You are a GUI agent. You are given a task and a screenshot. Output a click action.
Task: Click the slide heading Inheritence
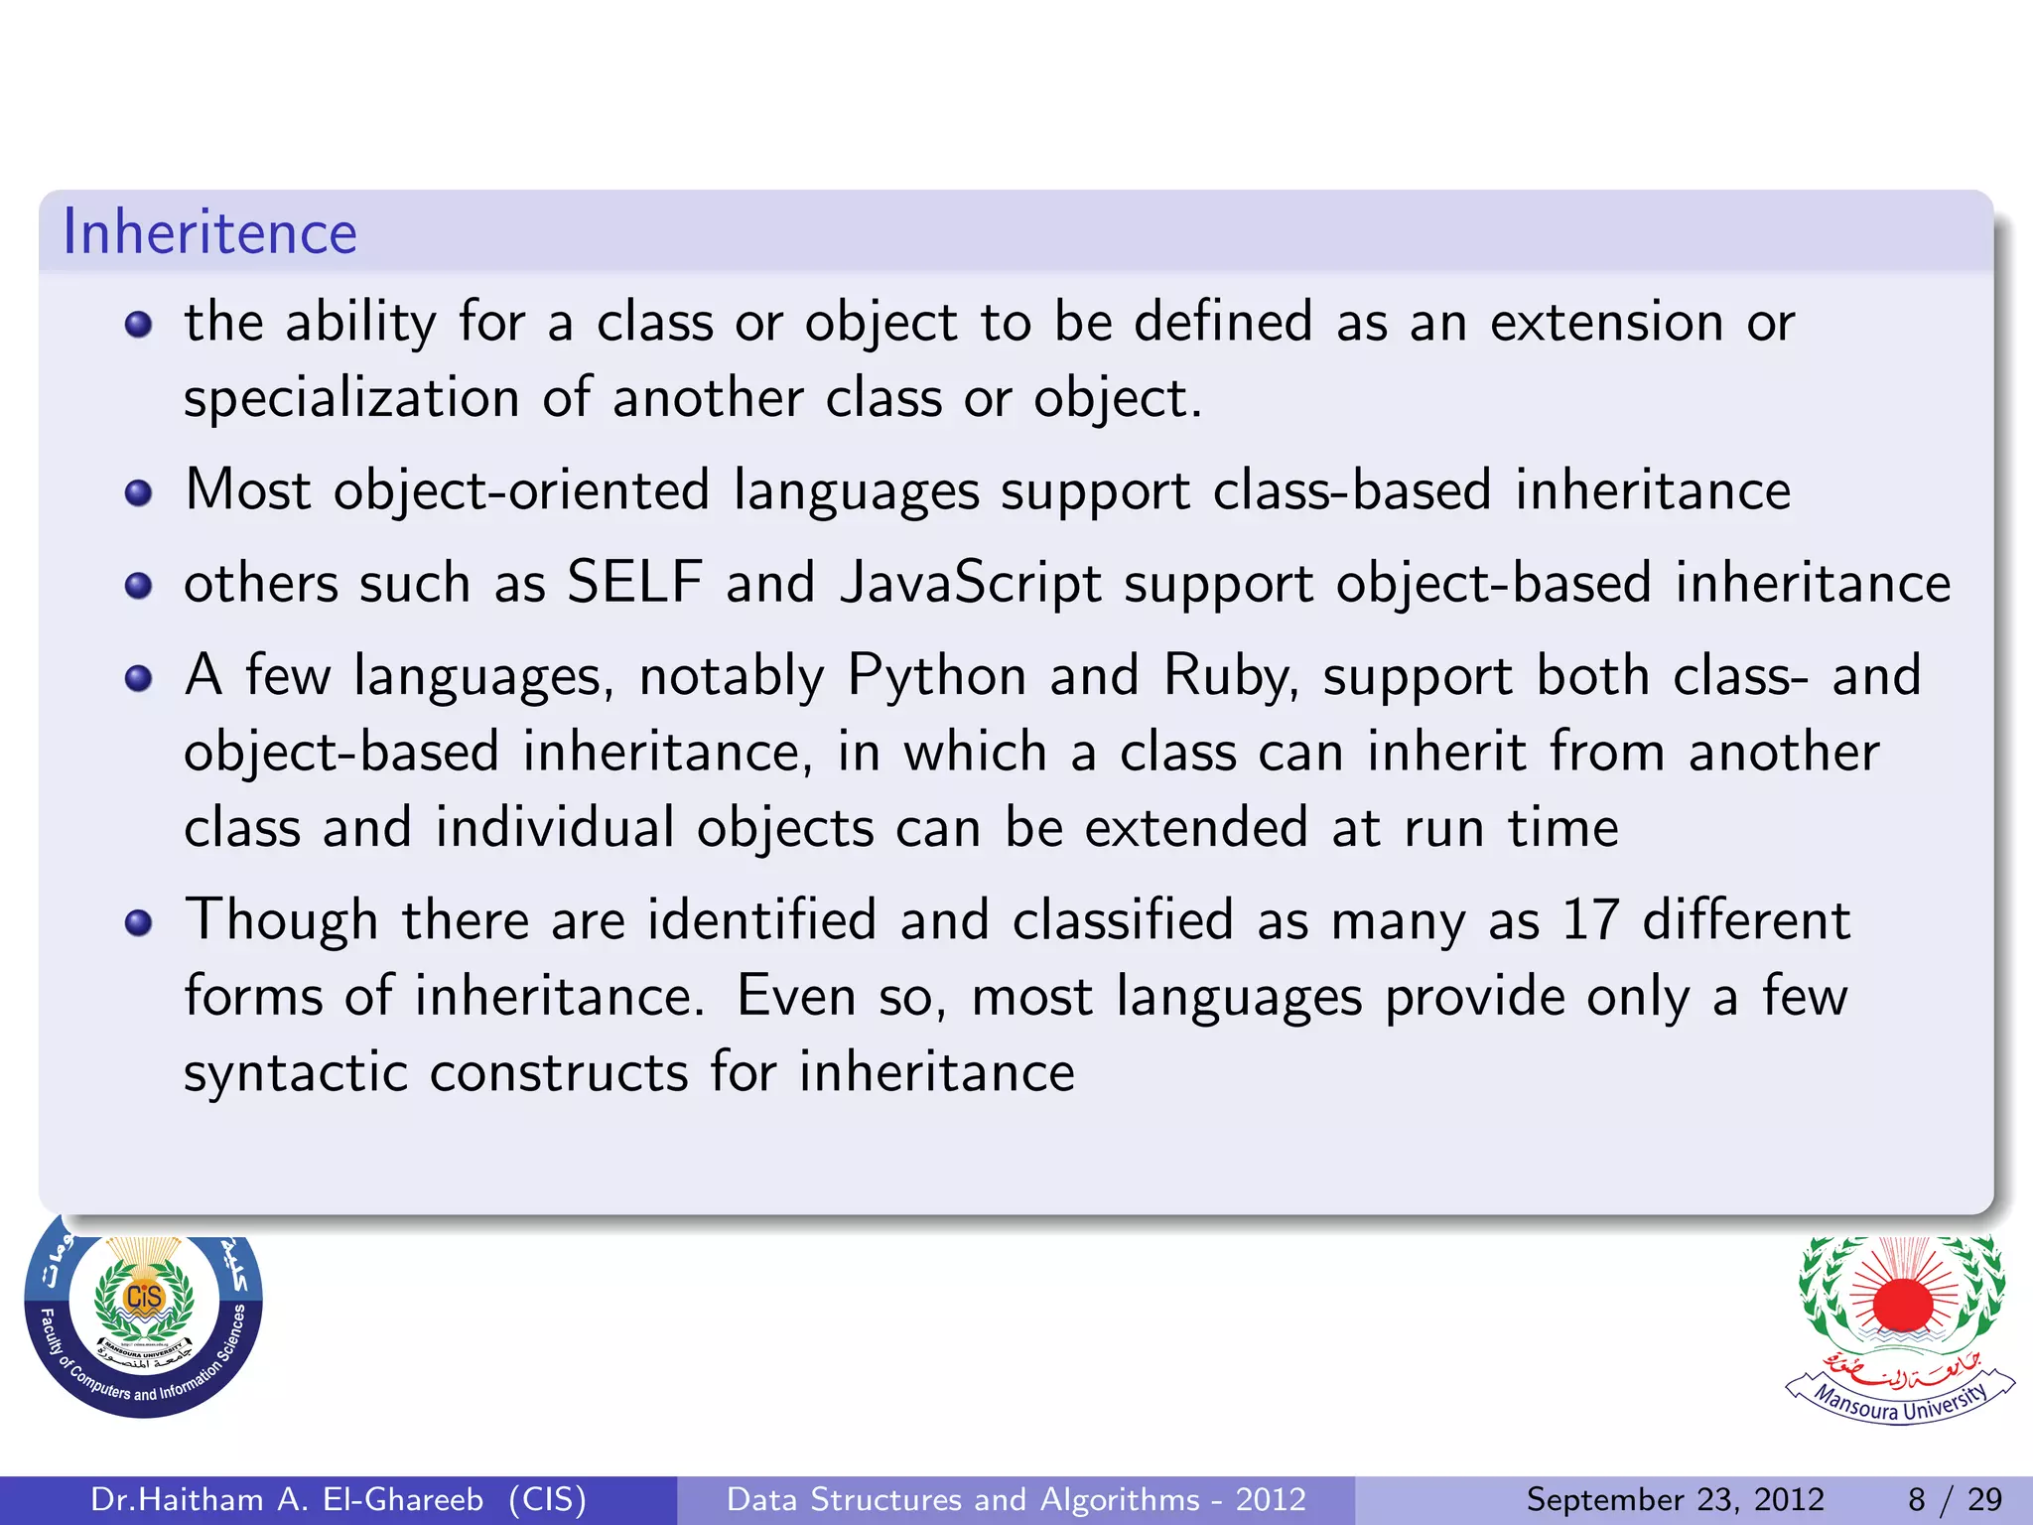coord(209,232)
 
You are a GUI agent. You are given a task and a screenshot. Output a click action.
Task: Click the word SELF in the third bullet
coord(634,583)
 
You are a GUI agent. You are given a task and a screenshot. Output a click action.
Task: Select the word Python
coord(936,677)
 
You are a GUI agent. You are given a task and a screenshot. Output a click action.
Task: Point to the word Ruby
coord(1230,677)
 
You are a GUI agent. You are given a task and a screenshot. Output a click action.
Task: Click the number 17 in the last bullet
coord(1590,919)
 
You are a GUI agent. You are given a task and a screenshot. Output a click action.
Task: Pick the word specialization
coord(351,399)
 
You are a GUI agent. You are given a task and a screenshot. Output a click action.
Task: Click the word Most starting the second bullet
coord(248,490)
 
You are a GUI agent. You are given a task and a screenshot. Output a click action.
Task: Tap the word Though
coord(282,921)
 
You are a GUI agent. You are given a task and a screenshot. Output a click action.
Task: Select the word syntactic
coord(296,1073)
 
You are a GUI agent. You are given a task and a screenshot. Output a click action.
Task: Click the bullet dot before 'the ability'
coord(139,325)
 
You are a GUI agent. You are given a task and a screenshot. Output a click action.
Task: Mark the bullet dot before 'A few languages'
coord(139,678)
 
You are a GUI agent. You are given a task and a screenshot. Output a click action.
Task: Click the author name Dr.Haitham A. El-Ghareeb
coord(287,1499)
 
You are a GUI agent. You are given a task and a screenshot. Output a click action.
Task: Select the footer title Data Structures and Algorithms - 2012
coord(1016,1499)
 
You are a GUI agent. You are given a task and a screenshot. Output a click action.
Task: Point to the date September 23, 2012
coord(1675,1499)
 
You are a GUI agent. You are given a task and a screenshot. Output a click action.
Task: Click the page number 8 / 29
coord(1955,1499)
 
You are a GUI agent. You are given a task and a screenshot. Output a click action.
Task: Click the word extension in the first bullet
coord(1606,323)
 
